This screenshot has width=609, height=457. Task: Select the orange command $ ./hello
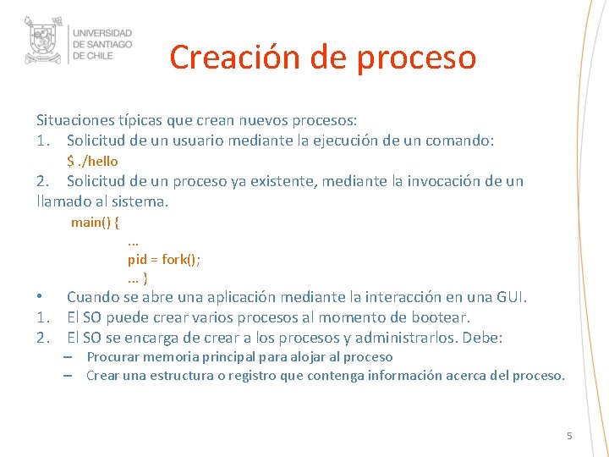92,161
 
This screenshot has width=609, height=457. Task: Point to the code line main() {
95,222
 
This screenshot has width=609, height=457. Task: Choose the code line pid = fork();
164,259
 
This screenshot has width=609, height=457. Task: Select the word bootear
441,317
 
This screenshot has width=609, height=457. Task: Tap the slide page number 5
569,436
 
